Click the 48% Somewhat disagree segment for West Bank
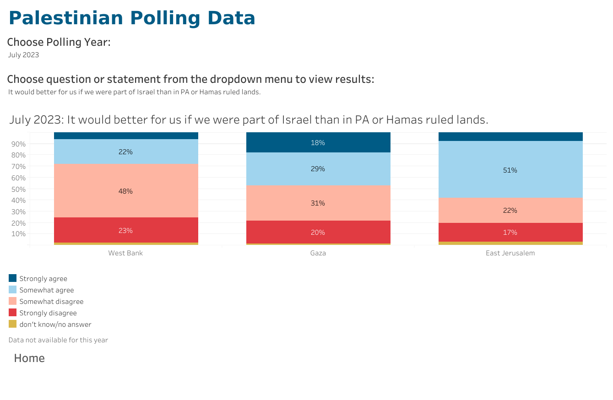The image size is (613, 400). (125, 191)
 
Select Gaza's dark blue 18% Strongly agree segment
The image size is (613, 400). (318, 143)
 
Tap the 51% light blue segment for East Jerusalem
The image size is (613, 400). (510, 170)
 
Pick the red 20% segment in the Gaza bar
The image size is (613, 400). (318, 232)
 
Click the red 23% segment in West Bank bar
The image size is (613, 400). (125, 230)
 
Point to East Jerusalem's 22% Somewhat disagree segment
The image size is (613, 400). (510, 211)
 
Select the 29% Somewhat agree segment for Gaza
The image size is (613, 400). (318, 169)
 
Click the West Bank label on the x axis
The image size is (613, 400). (125, 253)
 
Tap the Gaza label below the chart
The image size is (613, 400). (318, 253)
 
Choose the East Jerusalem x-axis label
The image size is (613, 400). (510, 253)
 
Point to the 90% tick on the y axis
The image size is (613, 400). (19, 144)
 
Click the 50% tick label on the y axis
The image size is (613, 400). (19, 189)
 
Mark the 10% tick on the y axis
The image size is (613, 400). (19, 234)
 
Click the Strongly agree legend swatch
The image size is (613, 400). (12, 278)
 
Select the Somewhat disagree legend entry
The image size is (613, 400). (51, 302)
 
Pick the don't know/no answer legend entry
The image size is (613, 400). (55, 324)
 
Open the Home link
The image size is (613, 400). (29, 358)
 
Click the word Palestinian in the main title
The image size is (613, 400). (66, 18)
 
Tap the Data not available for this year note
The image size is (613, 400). (58, 340)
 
